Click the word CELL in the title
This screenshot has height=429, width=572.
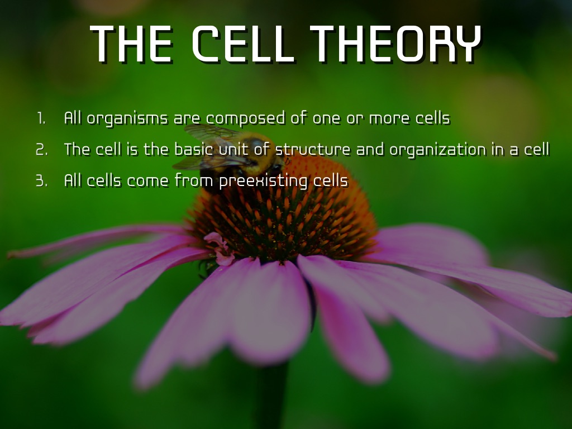pyautogui.click(x=243, y=44)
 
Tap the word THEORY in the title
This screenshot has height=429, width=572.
pyautogui.click(x=396, y=44)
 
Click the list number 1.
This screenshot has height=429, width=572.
pyautogui.click(x=41, y=118)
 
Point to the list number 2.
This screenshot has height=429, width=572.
pyautogui.click(x=41, y=150)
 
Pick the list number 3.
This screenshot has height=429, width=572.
pyautogui.click(x=41, y=181)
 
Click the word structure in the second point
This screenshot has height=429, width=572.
pyautogui.click(x=313, y=149)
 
